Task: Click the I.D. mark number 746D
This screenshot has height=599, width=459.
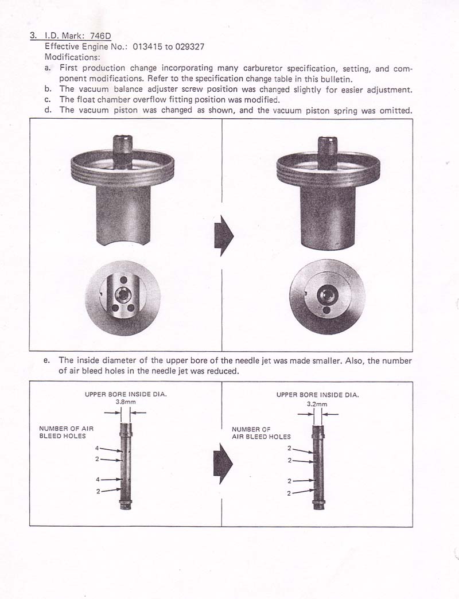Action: [101, 36]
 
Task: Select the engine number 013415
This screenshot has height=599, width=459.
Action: [147, 46]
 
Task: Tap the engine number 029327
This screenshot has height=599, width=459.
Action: [190, 46]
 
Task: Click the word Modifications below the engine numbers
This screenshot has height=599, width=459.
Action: [72, 57]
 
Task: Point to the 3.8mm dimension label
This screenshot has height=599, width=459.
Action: [126, 402]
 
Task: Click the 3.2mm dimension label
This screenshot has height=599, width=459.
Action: [317, 404]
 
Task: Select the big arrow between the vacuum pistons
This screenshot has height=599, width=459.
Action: [224, 235]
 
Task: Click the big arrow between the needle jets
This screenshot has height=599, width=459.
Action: [223, 463]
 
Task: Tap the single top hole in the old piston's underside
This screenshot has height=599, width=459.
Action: [123, 280]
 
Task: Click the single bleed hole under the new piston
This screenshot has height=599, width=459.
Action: [326, 310]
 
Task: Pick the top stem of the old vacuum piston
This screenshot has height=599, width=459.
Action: [123, 152]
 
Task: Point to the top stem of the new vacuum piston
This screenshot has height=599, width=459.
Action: [328, 153]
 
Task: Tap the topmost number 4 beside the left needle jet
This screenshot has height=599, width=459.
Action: [97, 448]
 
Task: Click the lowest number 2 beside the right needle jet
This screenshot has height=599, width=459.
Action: [289, 493]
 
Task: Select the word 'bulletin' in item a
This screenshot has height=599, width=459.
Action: [336, 79]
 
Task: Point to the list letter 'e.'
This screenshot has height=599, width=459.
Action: [47, 360]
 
